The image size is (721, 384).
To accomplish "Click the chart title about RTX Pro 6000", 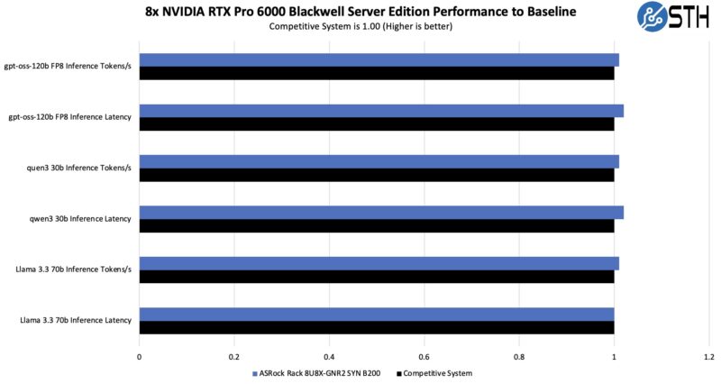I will click(360, 12).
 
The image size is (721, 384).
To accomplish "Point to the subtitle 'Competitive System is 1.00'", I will click(360, 26).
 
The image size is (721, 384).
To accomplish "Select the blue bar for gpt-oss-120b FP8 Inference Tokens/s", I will click(379, 59).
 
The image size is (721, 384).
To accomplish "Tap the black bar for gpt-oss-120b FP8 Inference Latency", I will click(376, 123).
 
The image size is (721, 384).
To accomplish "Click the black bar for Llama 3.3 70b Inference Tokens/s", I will click(376, 277).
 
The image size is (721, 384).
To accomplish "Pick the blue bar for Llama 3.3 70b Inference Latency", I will click(376, 315).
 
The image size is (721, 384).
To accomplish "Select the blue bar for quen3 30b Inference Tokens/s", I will click(379, 161).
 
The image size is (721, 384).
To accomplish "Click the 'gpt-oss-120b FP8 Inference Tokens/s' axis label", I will click(70, 66).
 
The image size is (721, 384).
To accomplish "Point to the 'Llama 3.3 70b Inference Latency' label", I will click(76, 321).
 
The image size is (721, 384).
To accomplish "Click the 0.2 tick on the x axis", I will click(233, 356).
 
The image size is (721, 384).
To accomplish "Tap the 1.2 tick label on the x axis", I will click(709, 356).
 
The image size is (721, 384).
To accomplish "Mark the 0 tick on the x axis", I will click(139, 356).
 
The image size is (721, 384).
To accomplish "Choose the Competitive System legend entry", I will click(436, 372).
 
